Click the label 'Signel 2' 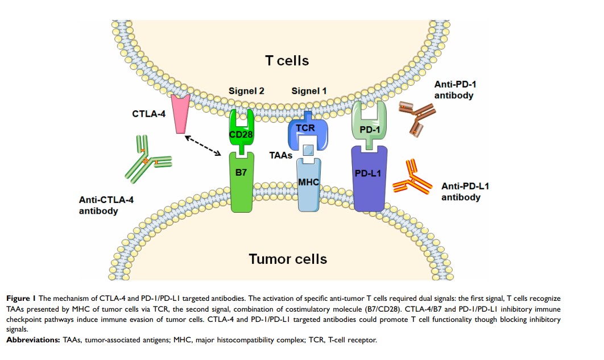point(246,90)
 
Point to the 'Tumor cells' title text point(288,259)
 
